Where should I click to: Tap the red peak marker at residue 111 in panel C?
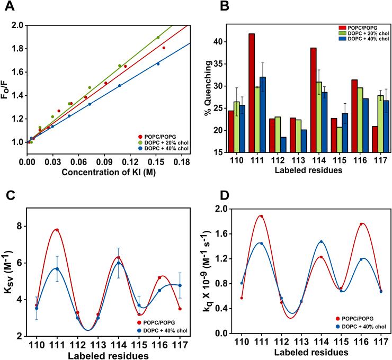(x=57, y=230)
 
